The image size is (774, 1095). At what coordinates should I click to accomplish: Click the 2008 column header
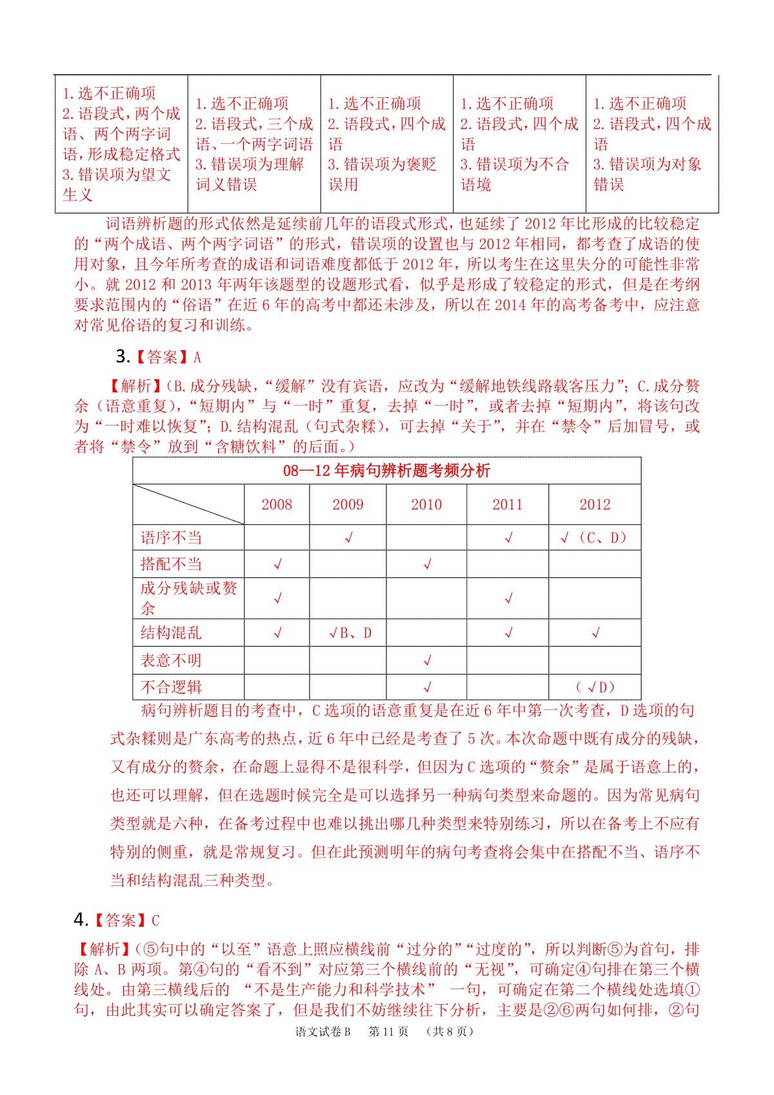click(277, 504)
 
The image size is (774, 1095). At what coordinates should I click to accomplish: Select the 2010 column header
click(426, 504)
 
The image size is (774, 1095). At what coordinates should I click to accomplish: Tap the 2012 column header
click(595, 504)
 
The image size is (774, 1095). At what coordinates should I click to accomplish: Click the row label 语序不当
click(172, 538)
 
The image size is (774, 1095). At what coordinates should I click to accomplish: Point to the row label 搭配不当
click(172, 564)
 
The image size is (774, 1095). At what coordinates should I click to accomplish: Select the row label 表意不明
click(172, 660)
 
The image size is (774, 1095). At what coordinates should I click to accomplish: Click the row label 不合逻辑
click(172, 687)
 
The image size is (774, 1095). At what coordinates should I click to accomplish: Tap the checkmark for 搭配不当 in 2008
click(278, 564)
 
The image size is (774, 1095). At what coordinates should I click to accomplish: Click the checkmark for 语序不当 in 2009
click(349, 538)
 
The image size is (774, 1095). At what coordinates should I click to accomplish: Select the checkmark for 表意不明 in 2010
click(427, 660)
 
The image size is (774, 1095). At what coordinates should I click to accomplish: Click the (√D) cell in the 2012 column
click(595, 687)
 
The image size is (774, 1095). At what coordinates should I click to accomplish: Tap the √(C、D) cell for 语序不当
click(594, 538)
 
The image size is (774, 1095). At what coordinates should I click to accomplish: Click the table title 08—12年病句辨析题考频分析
click(386, 471)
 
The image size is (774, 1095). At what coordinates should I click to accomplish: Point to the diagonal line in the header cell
click(188, 504)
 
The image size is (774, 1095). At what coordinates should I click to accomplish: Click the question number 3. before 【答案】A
click(123, 357)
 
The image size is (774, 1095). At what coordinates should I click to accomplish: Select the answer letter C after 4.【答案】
click(155, 920)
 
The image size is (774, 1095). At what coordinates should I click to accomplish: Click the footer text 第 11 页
click(388, 1031)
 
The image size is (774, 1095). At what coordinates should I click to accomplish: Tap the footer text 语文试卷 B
click(323, 1031)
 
